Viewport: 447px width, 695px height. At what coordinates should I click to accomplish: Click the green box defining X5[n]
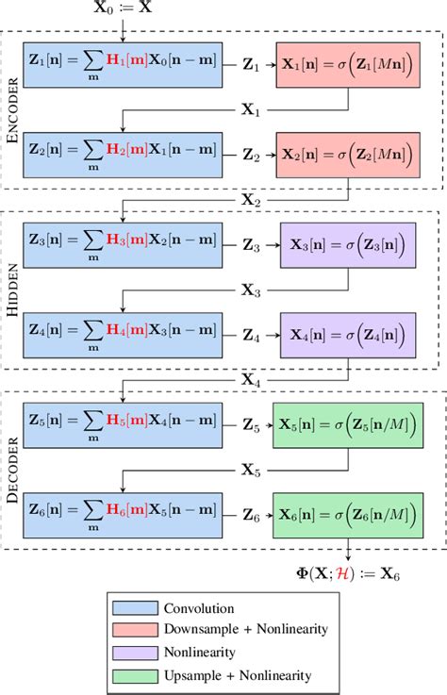pos(345,426)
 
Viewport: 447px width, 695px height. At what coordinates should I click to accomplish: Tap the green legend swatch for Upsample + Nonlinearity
pos(132,674)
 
